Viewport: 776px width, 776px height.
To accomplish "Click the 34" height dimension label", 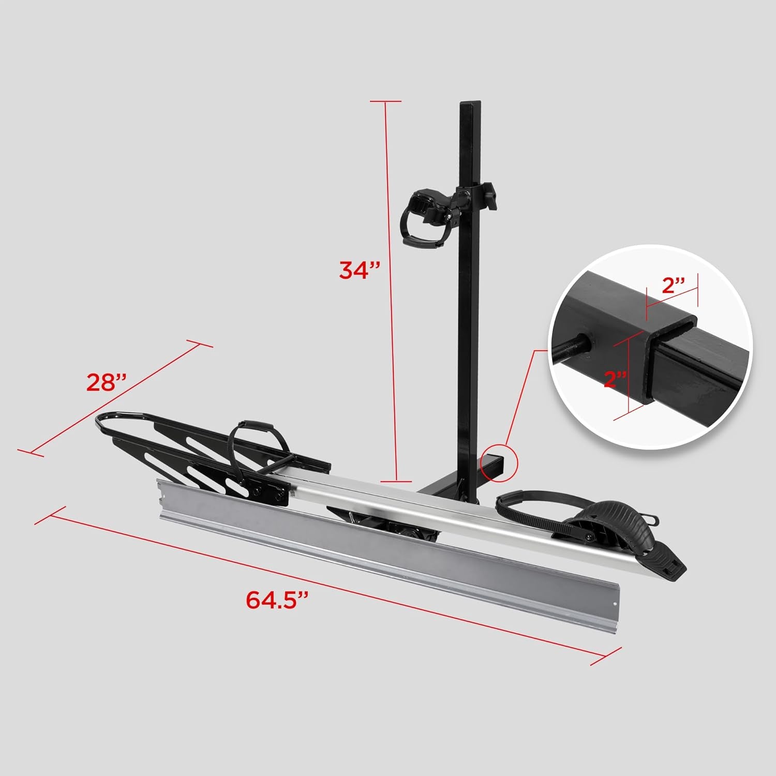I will [x=360, y=270].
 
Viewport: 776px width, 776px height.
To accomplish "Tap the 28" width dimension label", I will [x=107, y=383].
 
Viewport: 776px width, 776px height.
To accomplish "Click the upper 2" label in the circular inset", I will [x=674, y=286].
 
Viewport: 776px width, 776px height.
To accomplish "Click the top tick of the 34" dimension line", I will [x=385, y=101].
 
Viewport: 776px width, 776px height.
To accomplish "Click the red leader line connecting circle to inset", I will [x=523, y=398].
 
